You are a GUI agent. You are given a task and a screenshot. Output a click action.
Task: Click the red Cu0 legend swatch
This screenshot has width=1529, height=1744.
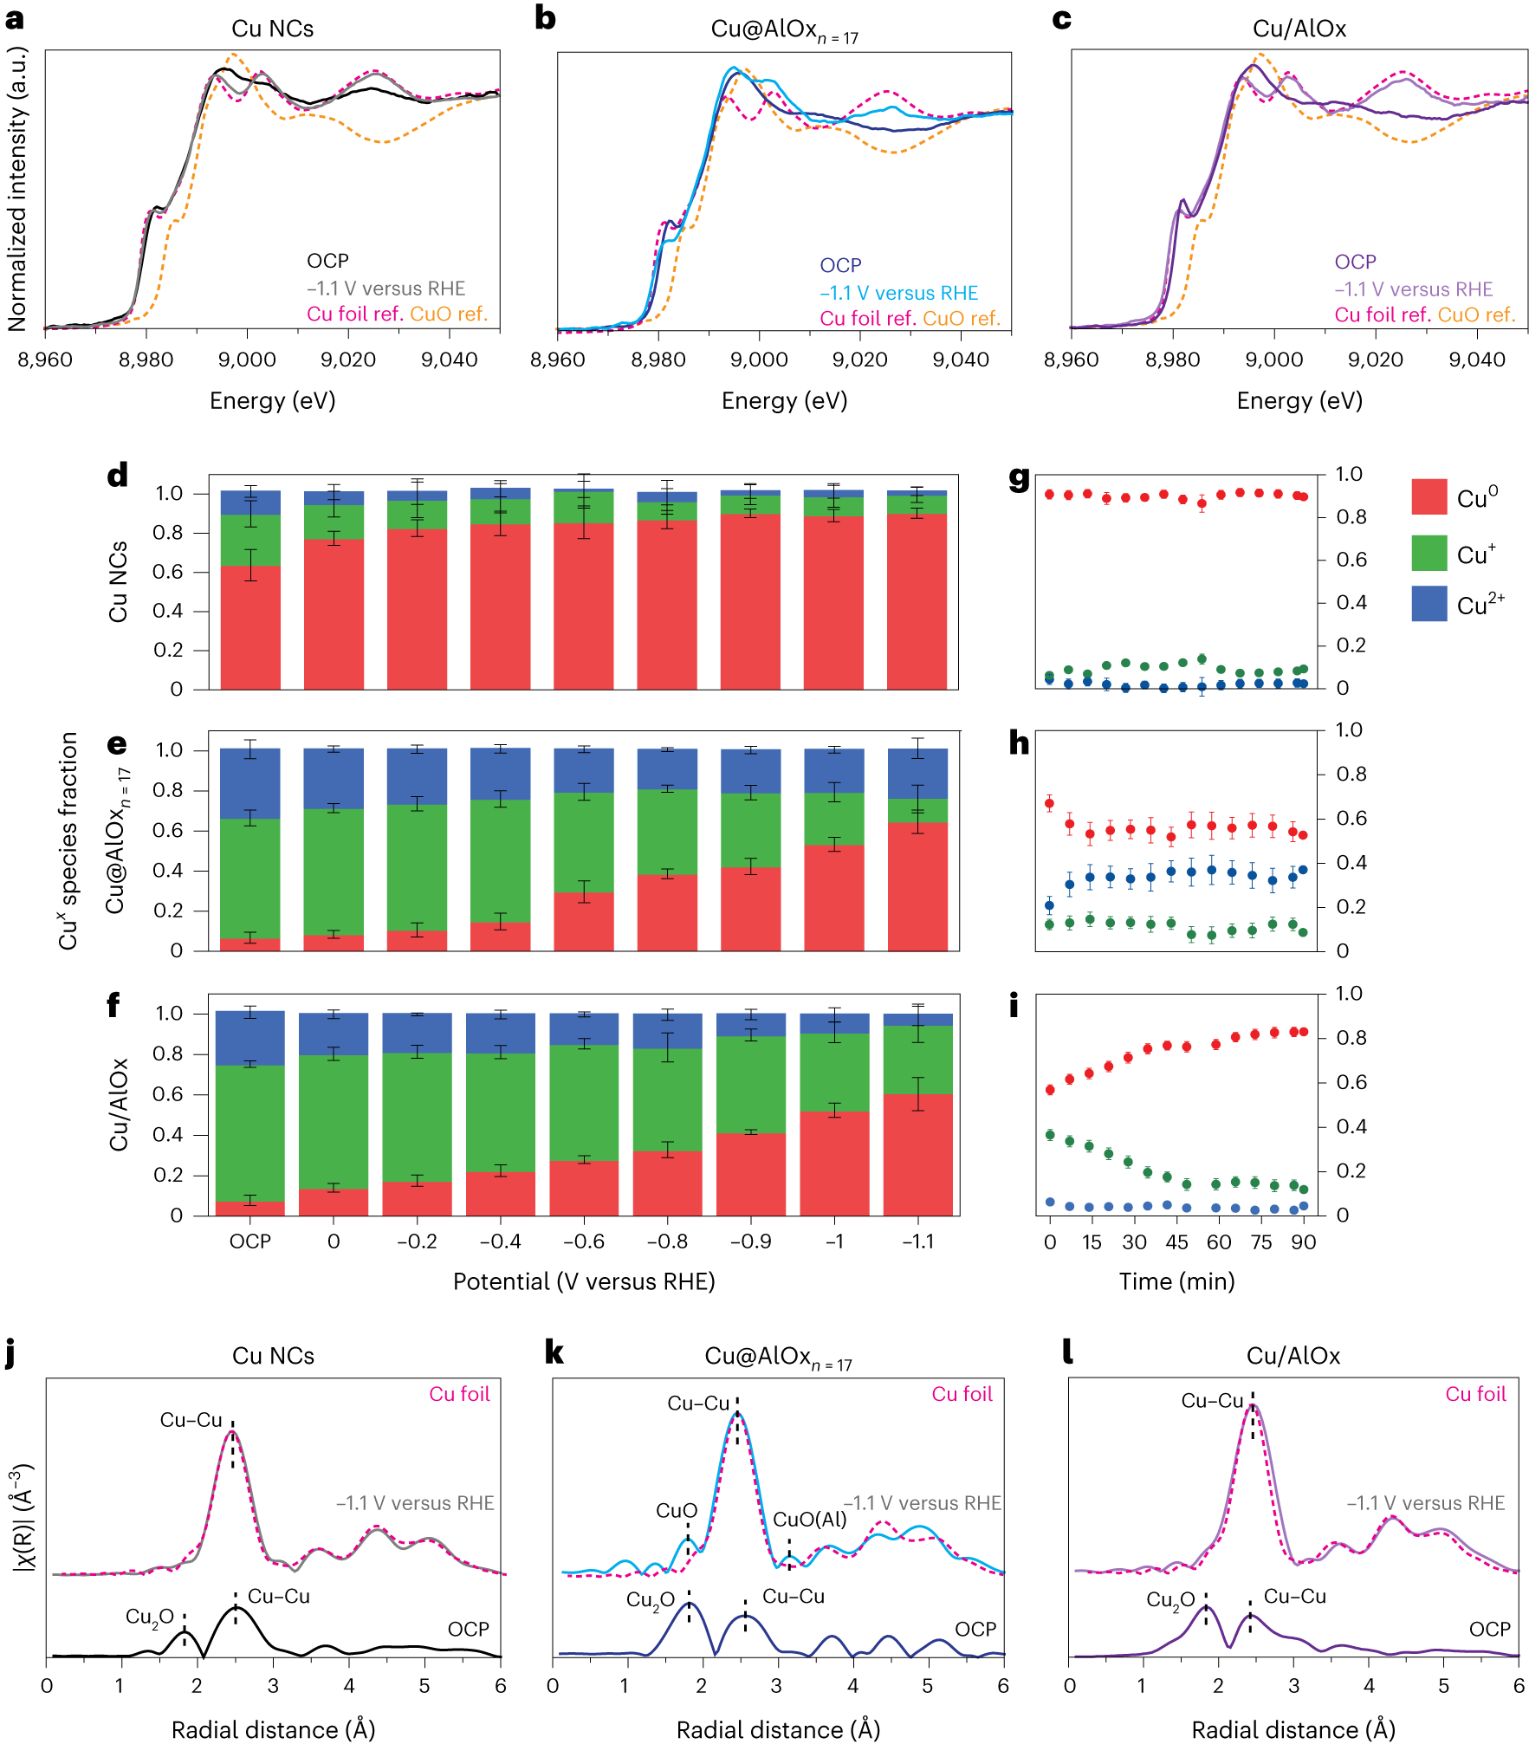[1429, 497]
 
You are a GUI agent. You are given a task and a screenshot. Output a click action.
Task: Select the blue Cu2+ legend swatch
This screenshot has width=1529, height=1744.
[1429, 604]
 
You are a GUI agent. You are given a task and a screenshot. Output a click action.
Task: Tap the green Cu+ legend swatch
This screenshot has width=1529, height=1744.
[1429, 553]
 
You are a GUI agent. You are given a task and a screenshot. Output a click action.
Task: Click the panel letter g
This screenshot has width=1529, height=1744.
[1020, 477]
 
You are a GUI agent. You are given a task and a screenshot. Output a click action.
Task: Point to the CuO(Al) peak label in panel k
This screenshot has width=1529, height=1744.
[809, 1520]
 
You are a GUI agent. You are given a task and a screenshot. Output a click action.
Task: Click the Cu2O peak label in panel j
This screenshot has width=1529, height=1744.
[149, 1617]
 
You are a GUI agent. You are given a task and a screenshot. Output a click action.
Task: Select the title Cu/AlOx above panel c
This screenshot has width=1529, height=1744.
[1299, 29]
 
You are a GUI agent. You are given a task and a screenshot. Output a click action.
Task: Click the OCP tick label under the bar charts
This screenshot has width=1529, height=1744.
[250, 1242]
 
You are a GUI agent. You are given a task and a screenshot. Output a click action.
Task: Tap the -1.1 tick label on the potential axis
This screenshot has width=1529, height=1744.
[917, 1242]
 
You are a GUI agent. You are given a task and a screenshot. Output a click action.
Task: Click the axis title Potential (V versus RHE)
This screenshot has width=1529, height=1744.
[584, 1281]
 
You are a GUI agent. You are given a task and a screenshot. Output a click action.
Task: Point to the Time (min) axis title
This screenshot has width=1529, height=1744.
[1176, 1281]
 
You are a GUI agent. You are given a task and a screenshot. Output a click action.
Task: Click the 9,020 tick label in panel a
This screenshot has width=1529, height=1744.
[348, 360]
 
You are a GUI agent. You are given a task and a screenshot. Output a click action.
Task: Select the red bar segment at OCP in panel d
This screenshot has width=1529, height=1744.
[250, 628]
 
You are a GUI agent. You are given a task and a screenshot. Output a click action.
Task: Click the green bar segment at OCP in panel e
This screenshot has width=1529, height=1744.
[250, 878]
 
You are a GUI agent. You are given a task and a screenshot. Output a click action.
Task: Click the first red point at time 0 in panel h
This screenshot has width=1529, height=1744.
[1050, 804]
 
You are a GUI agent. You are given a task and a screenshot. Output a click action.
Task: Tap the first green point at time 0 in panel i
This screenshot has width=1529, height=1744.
[1050, 1135]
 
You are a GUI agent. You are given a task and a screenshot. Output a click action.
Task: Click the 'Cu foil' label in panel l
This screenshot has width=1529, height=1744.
[1475, 1394]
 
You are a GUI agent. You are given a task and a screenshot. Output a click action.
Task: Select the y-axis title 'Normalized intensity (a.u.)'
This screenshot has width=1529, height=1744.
[17, 189]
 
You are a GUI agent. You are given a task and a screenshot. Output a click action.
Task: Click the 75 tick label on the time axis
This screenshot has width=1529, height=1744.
[1261, 1242]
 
